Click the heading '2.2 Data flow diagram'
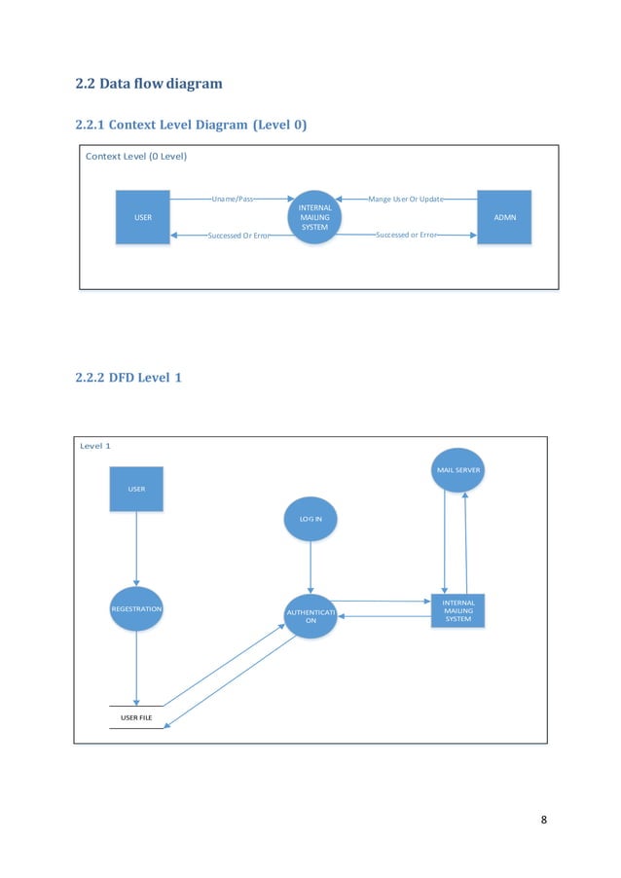tap(149, 84)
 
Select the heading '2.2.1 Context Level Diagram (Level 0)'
tap(184, 125)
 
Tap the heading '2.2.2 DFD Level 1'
tap(128, 378)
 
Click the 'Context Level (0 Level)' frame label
tap(136, 157)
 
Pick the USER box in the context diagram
tap(143, 217)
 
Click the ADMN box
tap(504, 217)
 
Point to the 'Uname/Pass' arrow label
tap(233, 199)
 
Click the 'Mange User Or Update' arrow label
tap(405, 199)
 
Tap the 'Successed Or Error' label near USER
tap(238, 237)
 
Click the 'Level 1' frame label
tap(95, 445)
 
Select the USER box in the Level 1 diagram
tap(136, 489)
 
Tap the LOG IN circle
tap(310, 520)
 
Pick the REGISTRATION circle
tap(136, 608)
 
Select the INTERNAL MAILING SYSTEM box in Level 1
tap(457, 610)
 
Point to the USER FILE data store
tap(136, 717)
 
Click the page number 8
tap(543, 818)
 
